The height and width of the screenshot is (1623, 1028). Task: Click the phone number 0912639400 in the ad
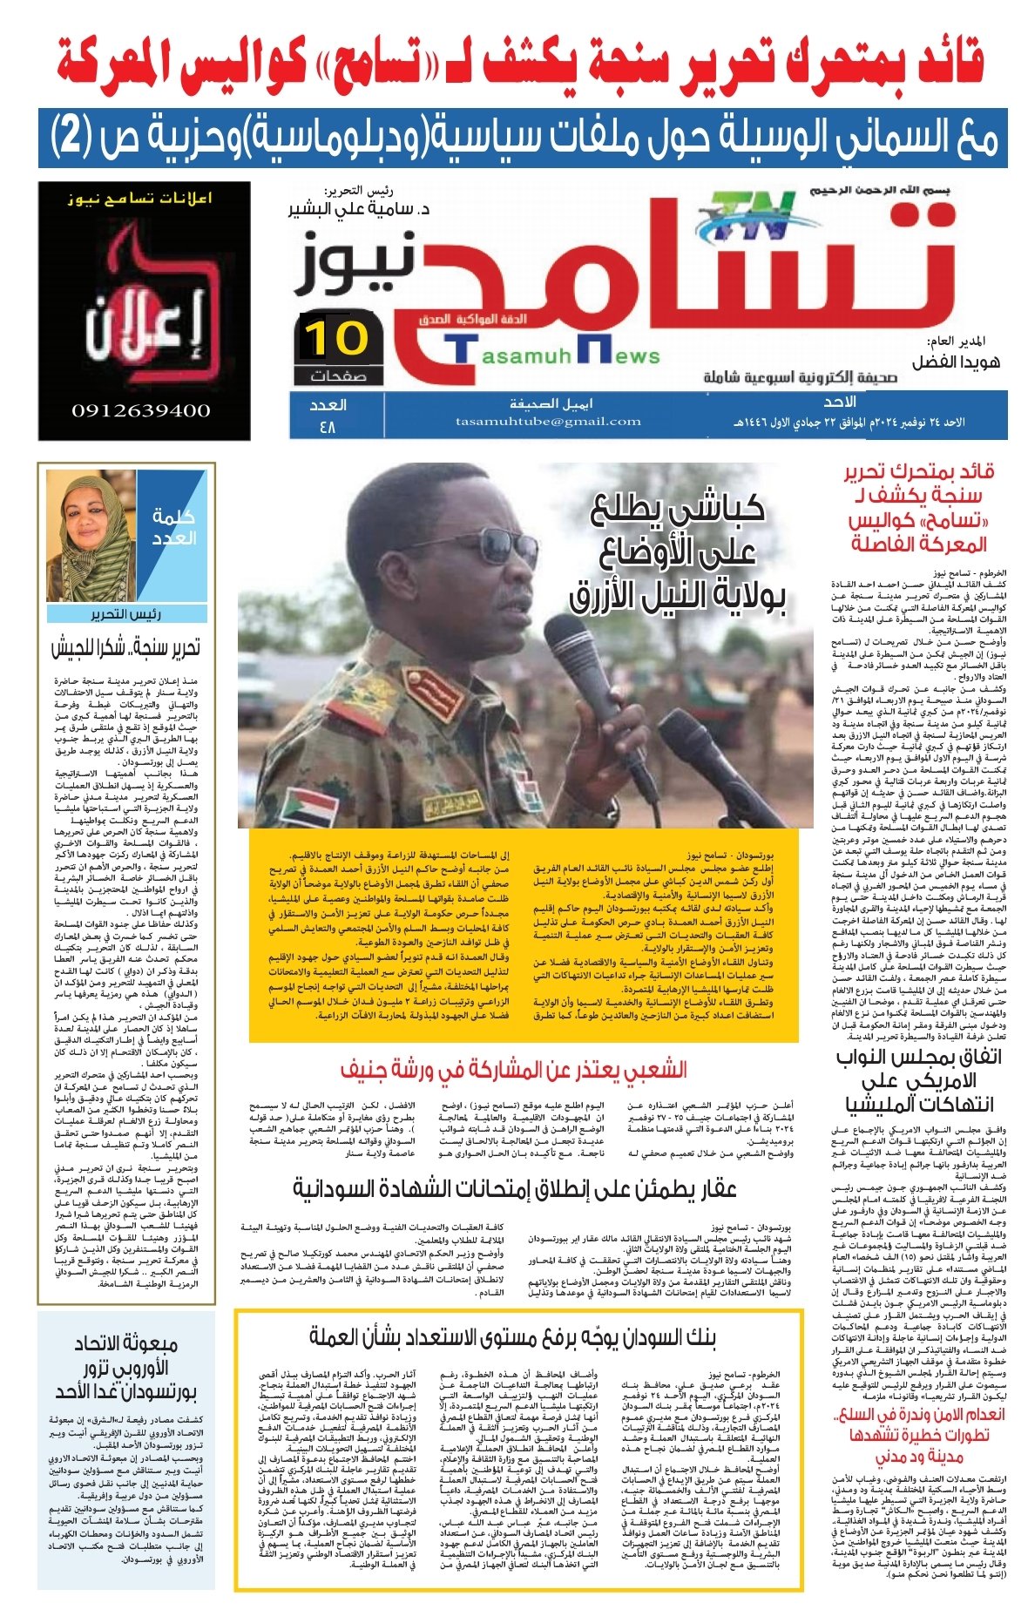pyautogui.click(x=141, y=410)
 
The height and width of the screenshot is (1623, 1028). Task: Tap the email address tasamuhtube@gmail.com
pyautogui.click(x=548, y=422)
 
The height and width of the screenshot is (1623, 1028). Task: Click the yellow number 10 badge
pyautogui.click(x=338, y=339)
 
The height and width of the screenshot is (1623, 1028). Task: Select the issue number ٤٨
pyautogui.click(x=328, y=427)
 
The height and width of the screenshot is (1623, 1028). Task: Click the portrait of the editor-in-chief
pyautogui.click(x=91, y=535)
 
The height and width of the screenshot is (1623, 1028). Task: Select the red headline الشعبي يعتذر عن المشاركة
pyautogui.click(x=513, y=1070)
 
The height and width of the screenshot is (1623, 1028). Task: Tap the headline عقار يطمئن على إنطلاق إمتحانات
pyautogui.click(x=514, y=1188)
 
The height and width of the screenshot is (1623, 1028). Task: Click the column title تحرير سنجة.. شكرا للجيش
pyautogui.click(x=125, y=647)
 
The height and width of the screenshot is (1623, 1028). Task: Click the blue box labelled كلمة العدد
pyautogui.click(x=175, y=527)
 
